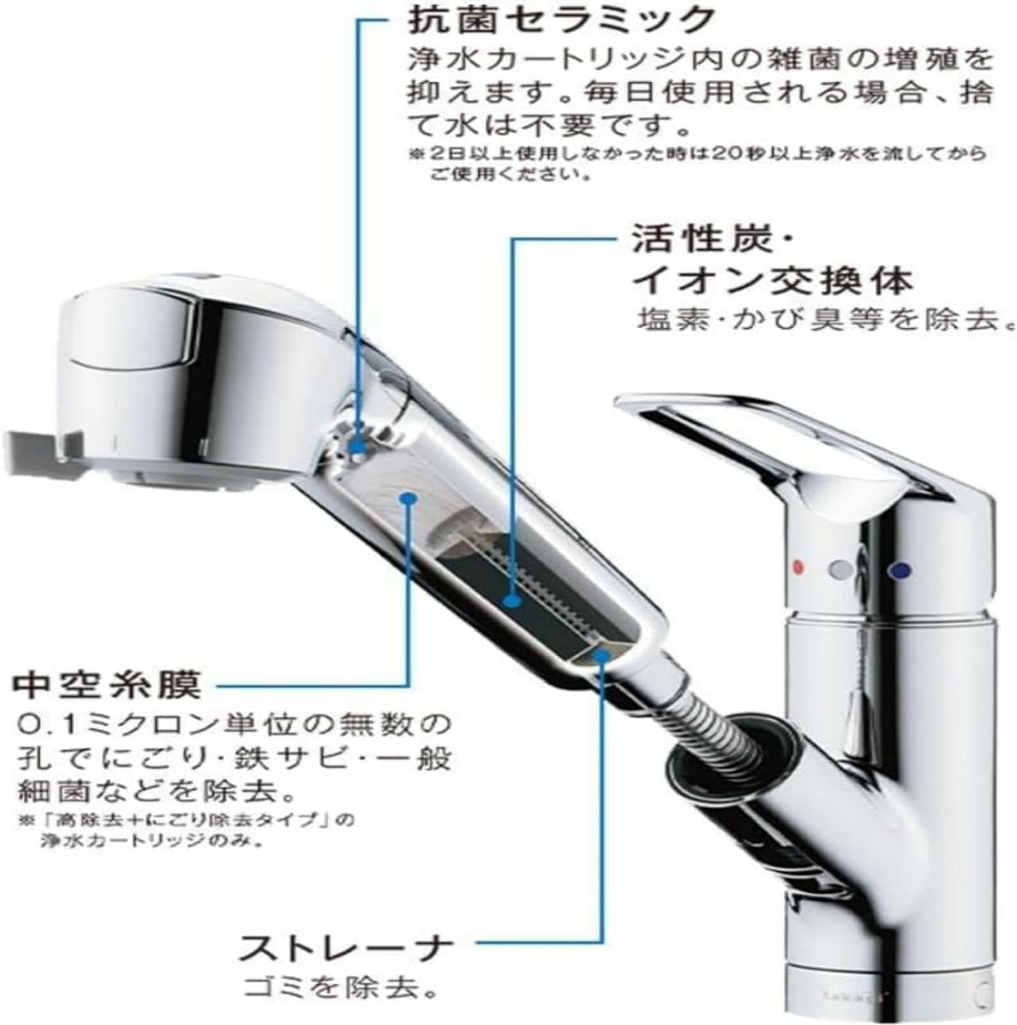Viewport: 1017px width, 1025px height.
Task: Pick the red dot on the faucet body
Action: pos(797,566)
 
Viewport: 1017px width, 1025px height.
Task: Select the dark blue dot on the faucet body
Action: pos(900,568)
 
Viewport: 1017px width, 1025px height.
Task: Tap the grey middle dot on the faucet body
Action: pos(840,568)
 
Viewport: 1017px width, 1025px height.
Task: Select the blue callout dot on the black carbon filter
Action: pos(510,600)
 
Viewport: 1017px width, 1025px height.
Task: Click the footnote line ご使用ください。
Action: pos(509,174)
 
